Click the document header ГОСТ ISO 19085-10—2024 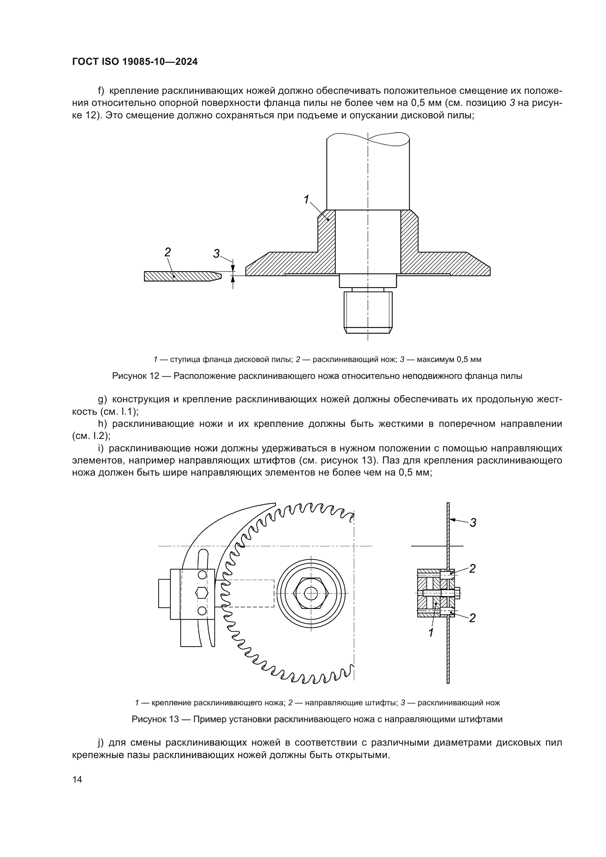pos(135,62)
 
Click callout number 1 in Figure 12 pos(306,200)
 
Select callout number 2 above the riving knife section pos(167,252)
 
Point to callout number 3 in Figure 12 pos(217,254)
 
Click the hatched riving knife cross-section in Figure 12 pos(179,276)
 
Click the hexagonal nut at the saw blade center pos(311,594)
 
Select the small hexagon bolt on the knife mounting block pos(202,592)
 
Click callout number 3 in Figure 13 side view pos(473,523)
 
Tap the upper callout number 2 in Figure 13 pos(472,569)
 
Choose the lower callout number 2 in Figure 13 pos(472,618)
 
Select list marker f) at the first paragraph pos(101,91)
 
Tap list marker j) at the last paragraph pos(100,743)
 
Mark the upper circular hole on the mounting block pos(202,575)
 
